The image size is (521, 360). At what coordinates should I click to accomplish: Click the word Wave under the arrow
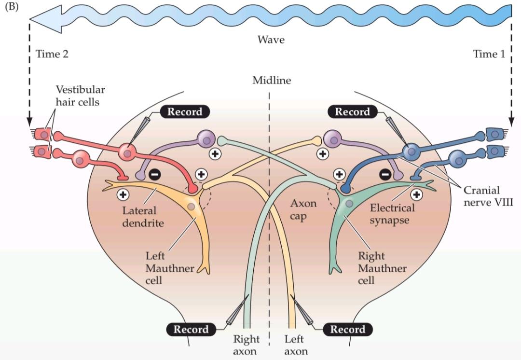pos(271,40)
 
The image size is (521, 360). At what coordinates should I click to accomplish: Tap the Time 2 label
pos(52,54)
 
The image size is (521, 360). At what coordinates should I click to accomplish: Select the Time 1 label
pos(489,54)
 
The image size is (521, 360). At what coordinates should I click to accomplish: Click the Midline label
pos(272,81)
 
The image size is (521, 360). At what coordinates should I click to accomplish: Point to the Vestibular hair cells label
pos(80,96)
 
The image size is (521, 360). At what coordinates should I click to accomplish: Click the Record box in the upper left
pos(185,112)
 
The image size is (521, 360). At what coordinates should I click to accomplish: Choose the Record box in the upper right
pos(352,112)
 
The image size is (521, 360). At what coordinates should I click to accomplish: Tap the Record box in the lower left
pos(191,330)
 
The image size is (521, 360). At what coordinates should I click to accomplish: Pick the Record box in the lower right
pos(347,330)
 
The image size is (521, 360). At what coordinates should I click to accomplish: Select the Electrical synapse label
pos(392,214)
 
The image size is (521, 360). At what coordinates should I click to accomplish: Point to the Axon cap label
pos(303,208)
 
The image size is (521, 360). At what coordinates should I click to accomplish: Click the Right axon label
pos(246,345)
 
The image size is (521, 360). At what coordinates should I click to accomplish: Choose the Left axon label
pos(295,345)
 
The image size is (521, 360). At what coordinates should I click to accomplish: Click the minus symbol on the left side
pos(154,175)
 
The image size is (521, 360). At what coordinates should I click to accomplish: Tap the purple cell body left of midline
pos(206,140)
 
